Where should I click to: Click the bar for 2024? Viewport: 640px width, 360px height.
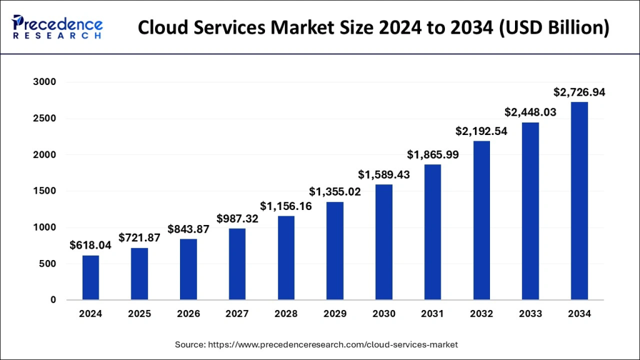tap(91, 277)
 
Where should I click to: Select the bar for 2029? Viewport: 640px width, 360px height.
tap(335, 251)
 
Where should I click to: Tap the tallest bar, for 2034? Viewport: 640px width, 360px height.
tap(579, 201)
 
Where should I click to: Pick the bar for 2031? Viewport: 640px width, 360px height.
tap(432, 232)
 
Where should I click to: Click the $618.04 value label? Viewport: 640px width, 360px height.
tap(90, 246)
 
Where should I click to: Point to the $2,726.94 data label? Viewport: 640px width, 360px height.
tap(579, 92)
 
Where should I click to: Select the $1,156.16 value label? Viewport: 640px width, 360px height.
tap(286, 206)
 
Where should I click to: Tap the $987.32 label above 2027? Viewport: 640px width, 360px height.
tap(237, 219)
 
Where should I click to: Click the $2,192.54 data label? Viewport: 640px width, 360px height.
tap(481, 131)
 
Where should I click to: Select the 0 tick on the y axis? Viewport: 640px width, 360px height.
tap(53, 300)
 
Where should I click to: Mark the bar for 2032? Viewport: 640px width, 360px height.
tap(481, 221)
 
